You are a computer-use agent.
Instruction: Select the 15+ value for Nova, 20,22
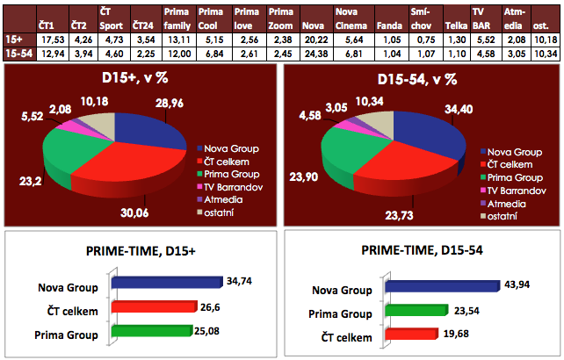pyautogui.click(x=315, y=40)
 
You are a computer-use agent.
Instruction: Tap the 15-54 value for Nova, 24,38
pyautogui.click(x=315, y=54)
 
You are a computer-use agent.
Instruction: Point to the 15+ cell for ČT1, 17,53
pyautogui.click(x=51, y=40)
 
